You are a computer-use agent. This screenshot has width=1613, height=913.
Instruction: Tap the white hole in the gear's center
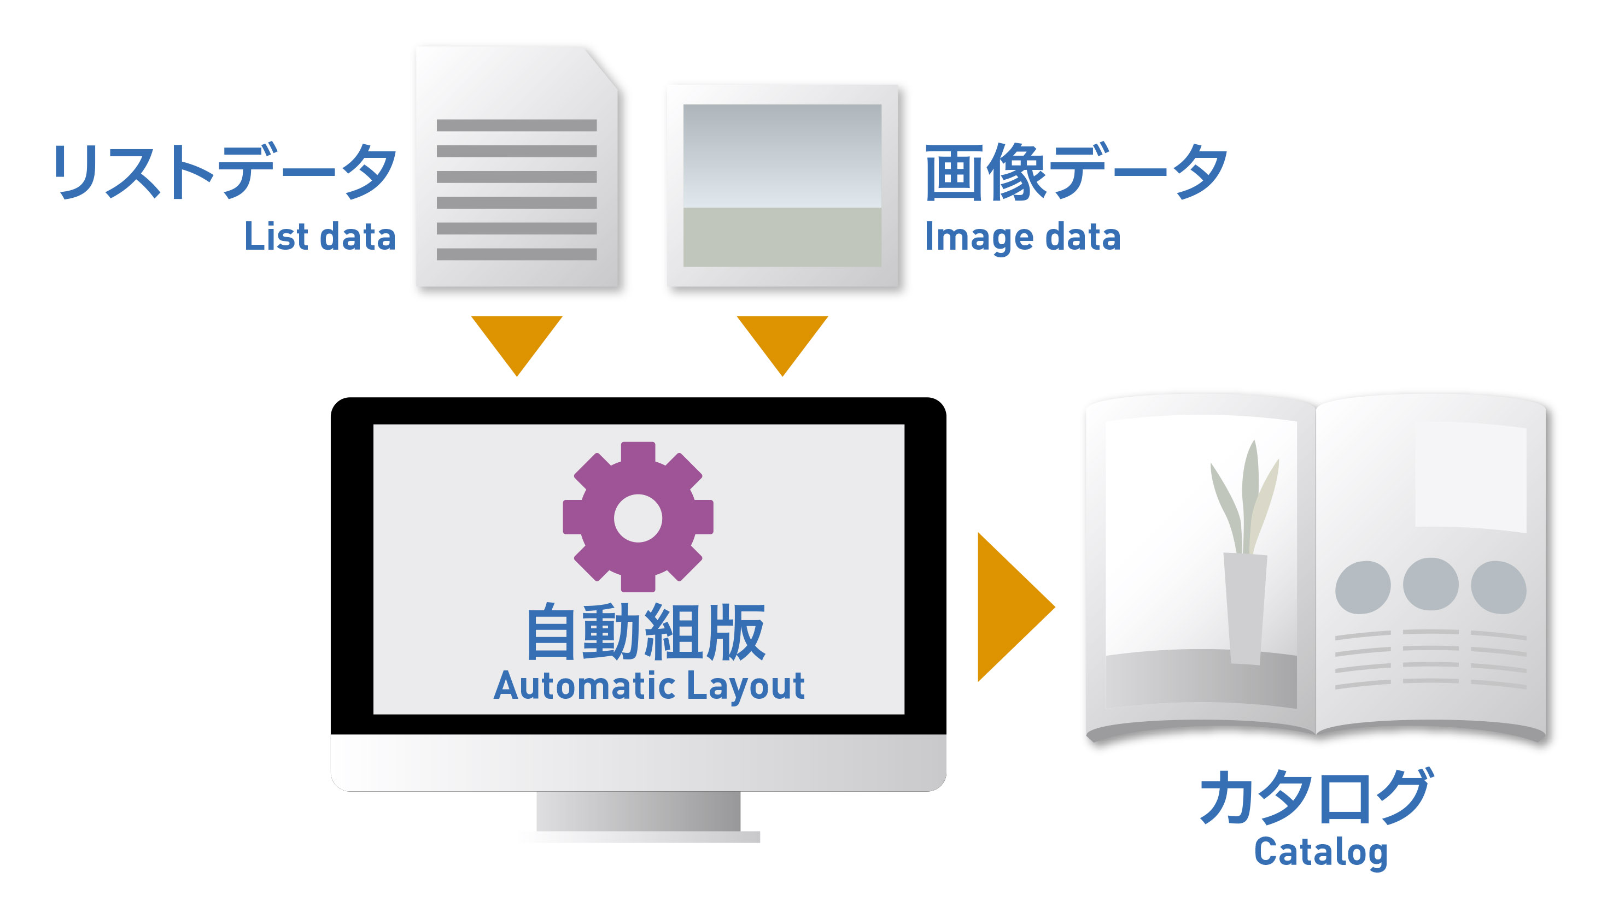pyautogui.click(x=638, y=518)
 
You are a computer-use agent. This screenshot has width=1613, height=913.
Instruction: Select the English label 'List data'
pyautogui.click(x=320, y=237)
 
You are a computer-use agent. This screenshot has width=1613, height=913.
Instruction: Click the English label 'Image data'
pyautogui.click(x=1022, y=237)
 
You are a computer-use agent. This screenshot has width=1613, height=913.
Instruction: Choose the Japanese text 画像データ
pyautogui.click(x=1076, y=170)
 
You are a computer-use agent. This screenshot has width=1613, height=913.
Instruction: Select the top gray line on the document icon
pyautogui.click(x=516, y=126)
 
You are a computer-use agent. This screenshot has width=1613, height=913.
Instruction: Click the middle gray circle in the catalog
pyautogui.click(x=1430, y=585)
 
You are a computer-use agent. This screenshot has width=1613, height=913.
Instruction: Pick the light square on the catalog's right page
pyautogui.click(x=1470, y=476)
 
